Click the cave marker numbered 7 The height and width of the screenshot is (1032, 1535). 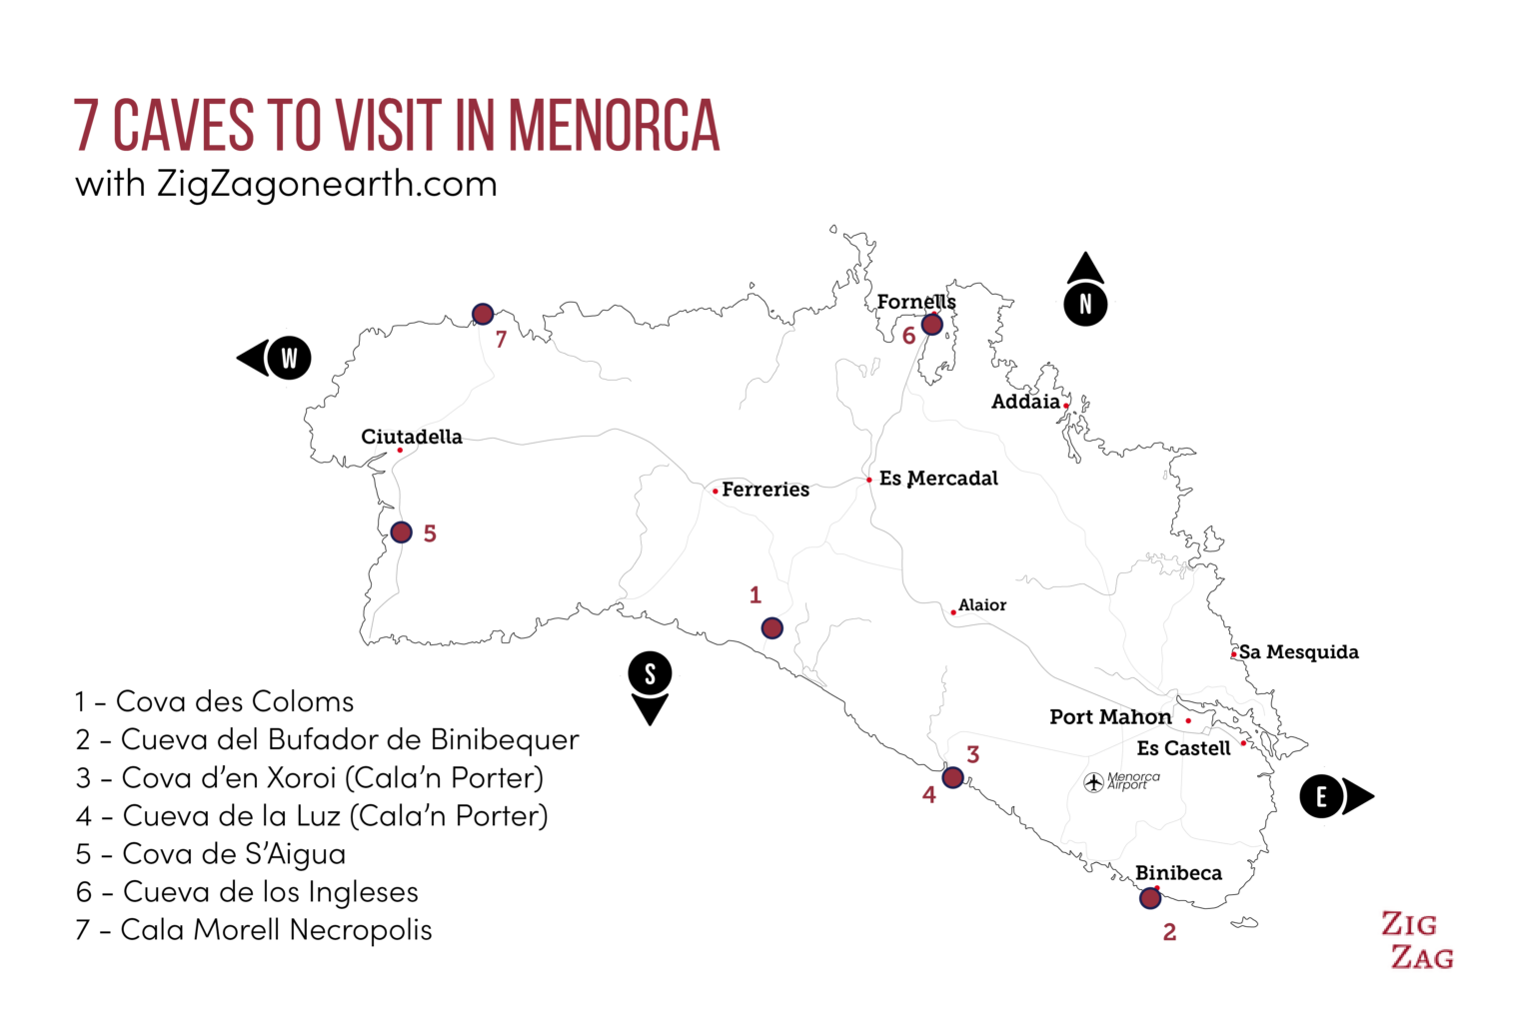coord(483,315)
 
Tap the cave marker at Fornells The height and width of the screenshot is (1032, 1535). coord(931,324)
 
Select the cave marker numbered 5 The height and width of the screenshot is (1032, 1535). coord(401,532)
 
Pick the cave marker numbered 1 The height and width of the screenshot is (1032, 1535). coord(771,628)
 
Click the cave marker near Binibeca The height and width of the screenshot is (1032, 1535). coord(1150,898)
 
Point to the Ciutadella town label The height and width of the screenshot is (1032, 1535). coord(412,437)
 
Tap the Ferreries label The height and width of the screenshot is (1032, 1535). coord(766,490)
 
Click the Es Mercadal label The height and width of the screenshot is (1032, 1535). coord(938,479)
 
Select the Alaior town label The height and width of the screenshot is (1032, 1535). coord(982,605)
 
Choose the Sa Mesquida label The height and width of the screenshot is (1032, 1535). coord(1298,652)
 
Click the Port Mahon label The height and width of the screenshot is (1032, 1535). coord(1110,717)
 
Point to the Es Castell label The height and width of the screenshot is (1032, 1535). coord(1183,748)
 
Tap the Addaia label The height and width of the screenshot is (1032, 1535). coord(1025,402)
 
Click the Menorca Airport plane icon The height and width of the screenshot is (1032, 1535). coord(1094,782)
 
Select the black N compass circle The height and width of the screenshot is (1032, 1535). coord(1085,305)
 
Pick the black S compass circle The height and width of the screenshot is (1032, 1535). coord(650,674)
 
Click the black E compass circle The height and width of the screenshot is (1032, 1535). coord(1321,797)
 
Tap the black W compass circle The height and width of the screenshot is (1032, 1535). coord(290,358)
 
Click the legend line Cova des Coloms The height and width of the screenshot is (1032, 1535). coord(215,702)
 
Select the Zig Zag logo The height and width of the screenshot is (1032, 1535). coord(1417,940)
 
